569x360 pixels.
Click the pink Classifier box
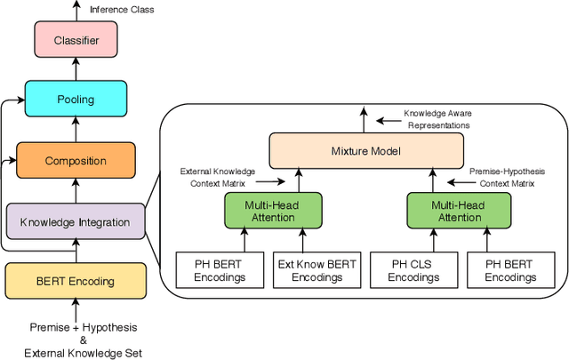pos(75,40)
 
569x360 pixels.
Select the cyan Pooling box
pos(75,100)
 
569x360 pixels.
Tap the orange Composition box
pos(76,161)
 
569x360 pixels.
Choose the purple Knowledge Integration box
pos(76,221)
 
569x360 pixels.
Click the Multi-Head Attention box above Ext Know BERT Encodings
pos(271,211)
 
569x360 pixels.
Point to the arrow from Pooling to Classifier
pos(75,69)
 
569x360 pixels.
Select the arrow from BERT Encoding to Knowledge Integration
pos(75,252)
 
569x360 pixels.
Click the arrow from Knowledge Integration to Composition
pos(75,190)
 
